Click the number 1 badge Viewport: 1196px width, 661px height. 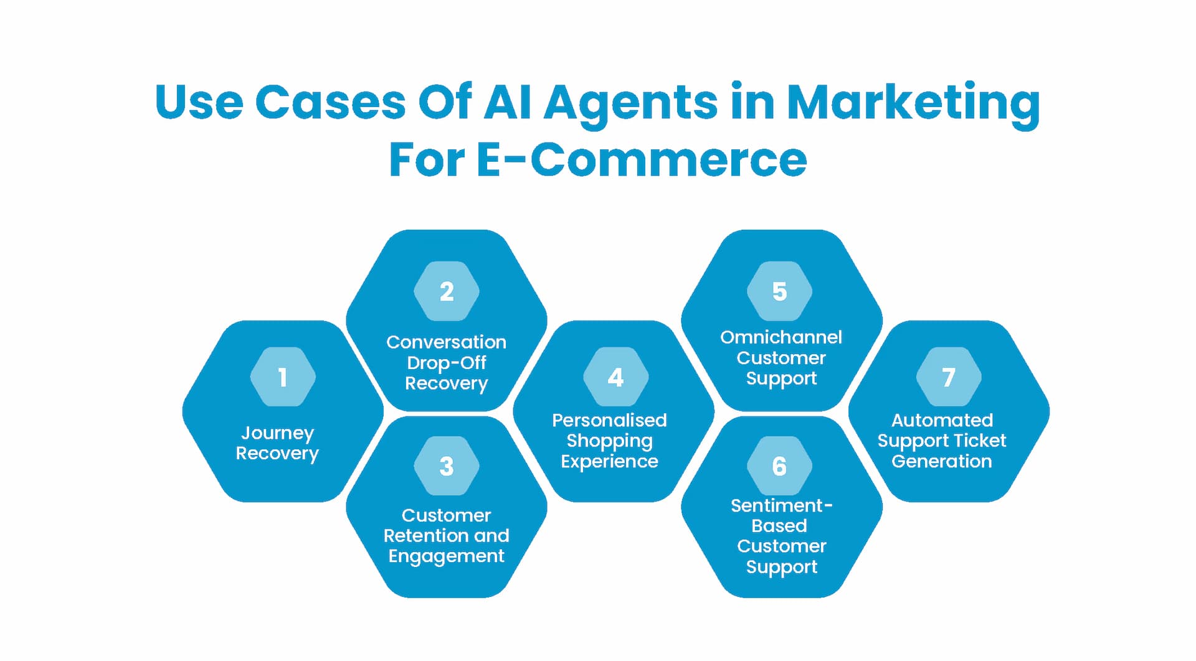[283, 377]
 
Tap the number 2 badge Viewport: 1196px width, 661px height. [447, 291]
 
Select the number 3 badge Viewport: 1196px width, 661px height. [447, 466]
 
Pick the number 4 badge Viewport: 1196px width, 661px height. [615, 377]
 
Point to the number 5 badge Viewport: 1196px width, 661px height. [779, 291]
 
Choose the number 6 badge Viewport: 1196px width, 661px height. [779, 466]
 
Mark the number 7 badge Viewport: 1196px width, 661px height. [948, 377]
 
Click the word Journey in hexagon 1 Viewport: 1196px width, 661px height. [277, 433]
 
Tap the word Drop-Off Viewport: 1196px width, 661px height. [446, 363]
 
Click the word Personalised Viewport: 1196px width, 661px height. [609, 420]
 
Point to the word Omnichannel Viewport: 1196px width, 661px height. [781, 337]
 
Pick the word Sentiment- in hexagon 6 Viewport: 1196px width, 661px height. [781, 505]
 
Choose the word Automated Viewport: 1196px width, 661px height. [942, 420]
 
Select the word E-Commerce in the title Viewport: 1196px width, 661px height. [642, 160]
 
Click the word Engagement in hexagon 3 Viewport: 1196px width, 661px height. [446, 556]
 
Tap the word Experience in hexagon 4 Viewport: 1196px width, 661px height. [609, 461]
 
